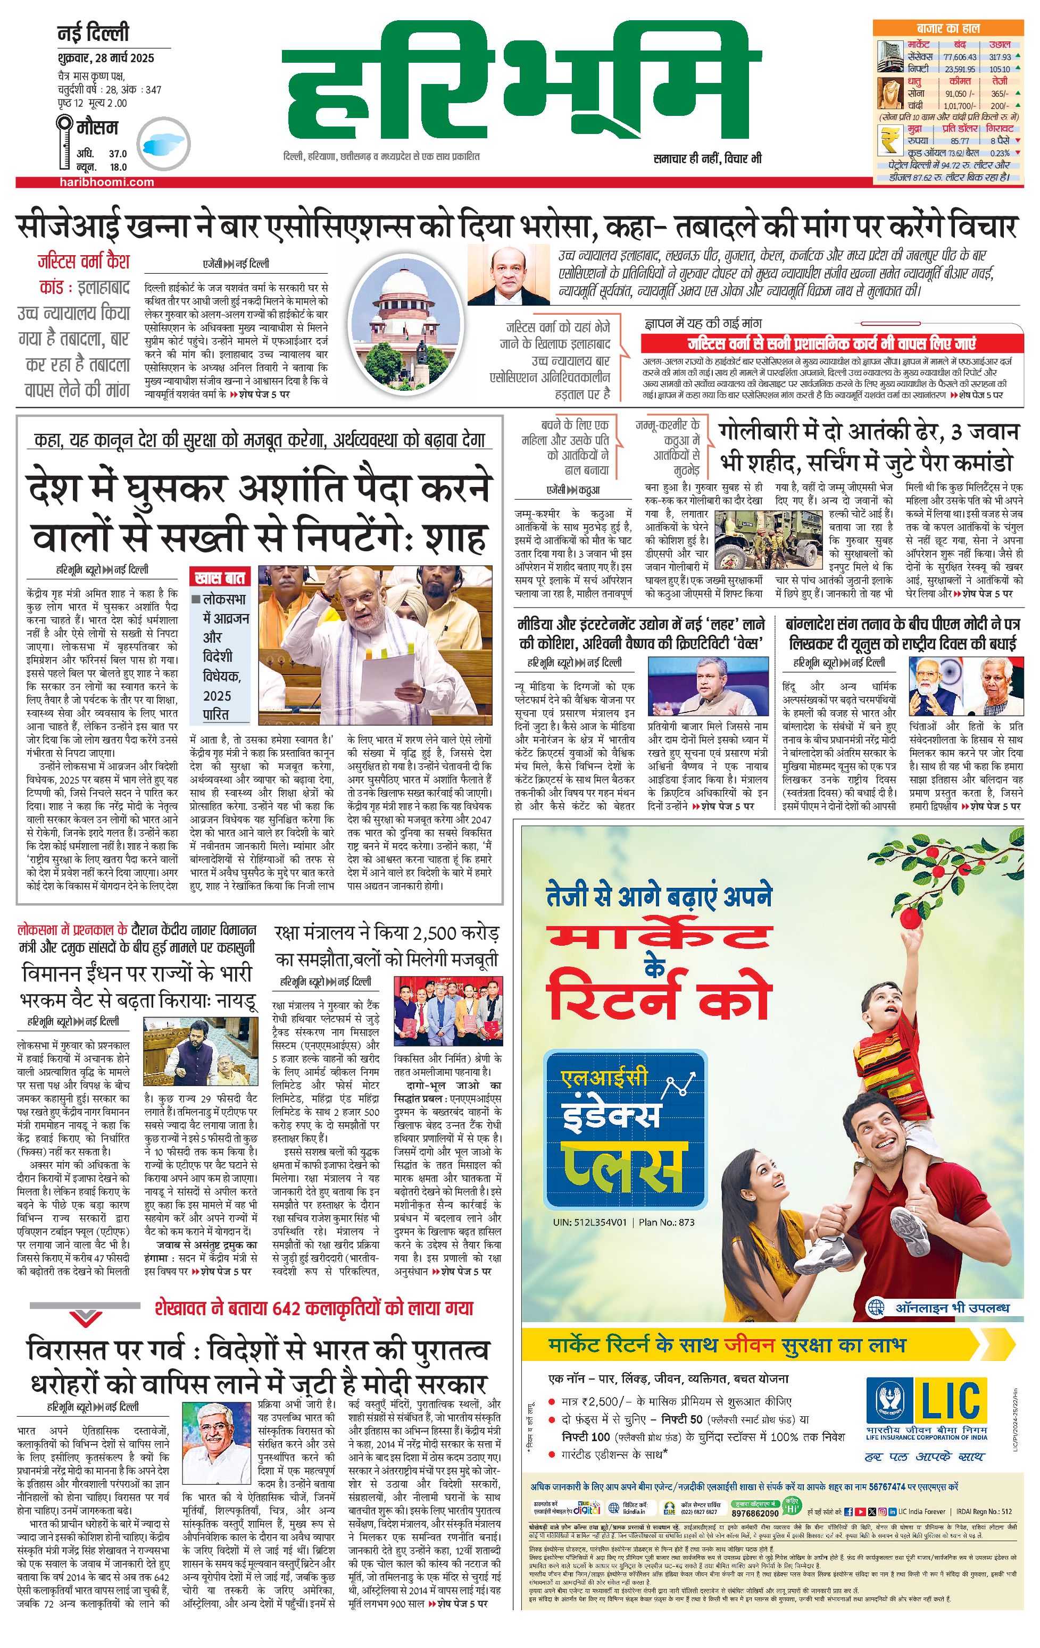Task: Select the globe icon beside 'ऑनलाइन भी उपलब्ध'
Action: pos(876,1308)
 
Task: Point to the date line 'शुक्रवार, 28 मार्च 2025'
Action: pos(105,58)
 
